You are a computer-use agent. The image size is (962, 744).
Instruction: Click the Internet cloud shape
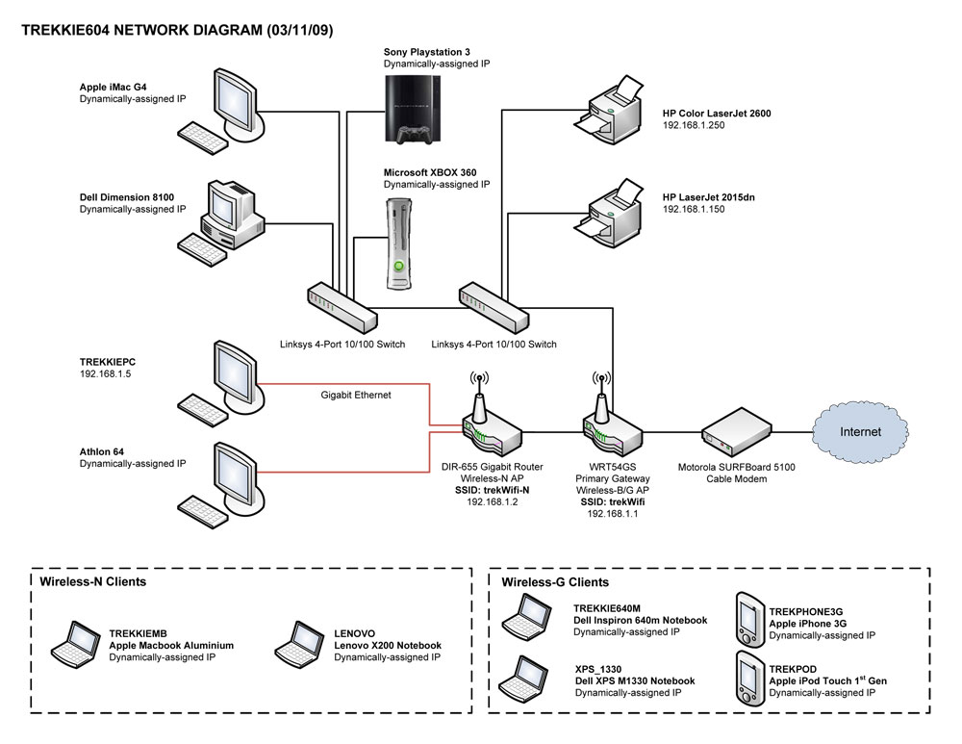(859, 431)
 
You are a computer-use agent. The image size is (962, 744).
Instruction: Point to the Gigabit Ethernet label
(356, 396)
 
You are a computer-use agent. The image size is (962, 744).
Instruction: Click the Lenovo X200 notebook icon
(298, 645)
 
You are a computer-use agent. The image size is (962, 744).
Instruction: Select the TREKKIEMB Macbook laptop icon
(77, 645)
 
